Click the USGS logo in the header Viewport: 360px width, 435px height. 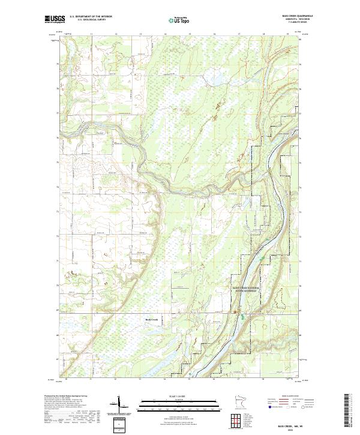55,19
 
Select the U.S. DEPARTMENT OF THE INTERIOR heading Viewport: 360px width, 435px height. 90,17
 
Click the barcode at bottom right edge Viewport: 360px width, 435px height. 352,412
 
